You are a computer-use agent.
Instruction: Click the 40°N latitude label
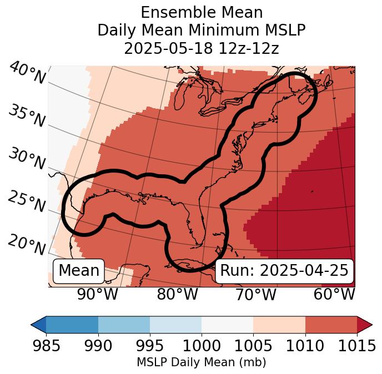(x=27, y=73)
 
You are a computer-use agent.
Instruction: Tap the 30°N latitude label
(x=26, y=159)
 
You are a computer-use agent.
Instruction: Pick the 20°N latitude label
(x=26, y=244)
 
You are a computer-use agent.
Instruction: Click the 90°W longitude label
(x=97, y=295)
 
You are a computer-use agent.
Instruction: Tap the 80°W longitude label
(x=177, y=295)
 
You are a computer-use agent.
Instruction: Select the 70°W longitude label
(x=255, y=295)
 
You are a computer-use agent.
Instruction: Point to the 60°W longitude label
(x=334, y=295)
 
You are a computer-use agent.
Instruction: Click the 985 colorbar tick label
(x=46, y=346)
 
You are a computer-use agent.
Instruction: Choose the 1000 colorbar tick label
(x=202, y=346)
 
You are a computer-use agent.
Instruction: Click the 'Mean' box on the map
(x=79, y=271)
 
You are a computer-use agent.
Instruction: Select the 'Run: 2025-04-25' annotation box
(x=284, y=271)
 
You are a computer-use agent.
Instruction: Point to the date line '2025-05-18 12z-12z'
(x=202, y=48)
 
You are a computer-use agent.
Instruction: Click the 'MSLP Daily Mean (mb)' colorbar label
(x=202, y=362)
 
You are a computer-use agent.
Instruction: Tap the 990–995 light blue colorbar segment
(x=124, y=324)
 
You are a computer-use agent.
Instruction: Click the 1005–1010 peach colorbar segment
(x=279, y=324)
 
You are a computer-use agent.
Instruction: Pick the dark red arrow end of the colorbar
(x=365, y=324)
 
